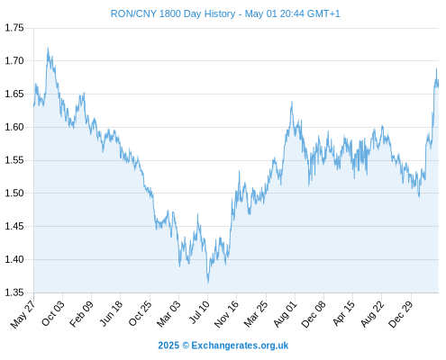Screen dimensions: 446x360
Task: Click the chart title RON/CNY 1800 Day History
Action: pos(173,13)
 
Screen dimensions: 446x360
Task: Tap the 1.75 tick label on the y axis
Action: pos(14,28)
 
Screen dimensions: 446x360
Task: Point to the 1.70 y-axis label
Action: pos(14,61)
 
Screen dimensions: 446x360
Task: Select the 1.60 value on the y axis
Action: pos(14,127)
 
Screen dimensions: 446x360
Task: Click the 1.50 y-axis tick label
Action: pos(14,193)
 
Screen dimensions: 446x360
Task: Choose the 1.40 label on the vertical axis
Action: pos(14,259)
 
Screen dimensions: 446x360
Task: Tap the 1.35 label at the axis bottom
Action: pos(14,292)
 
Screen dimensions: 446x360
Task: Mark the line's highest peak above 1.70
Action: pos(48,48)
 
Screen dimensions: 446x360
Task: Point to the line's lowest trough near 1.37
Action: pos(207,283)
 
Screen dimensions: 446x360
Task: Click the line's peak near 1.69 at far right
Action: pos(436,68)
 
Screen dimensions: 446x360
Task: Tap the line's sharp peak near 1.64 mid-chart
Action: pos(292,102)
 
